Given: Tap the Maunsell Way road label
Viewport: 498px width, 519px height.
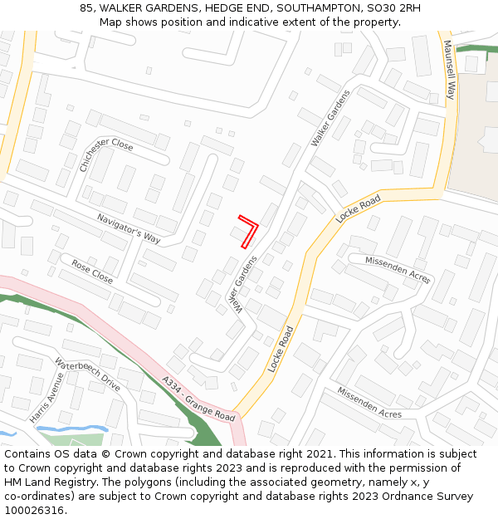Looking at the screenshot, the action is click(449, 70).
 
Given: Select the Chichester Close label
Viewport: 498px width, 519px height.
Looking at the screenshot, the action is click(105, 154).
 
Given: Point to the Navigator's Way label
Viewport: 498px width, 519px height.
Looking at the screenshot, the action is click(128, 228).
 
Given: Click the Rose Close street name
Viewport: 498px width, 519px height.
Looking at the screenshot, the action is click(92, 272).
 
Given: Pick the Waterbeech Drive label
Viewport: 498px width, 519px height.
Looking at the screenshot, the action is click(87, 375).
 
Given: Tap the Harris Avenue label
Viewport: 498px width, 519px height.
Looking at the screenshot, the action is click(46, 398).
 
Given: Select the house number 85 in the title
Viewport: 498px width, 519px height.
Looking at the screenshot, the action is click(85, 8).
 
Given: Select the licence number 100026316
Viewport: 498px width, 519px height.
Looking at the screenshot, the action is click(34, 511).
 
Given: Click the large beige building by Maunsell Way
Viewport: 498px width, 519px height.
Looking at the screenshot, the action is click(477, 125).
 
